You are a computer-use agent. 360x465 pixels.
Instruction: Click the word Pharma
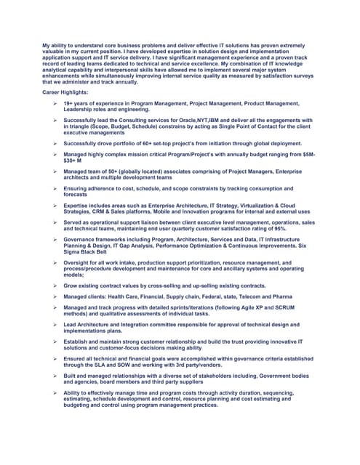(x=282, y=296)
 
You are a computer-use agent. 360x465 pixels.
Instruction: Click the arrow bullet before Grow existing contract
(x=54, y=286)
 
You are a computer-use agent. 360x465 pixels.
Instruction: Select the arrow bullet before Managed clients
(x=54, y=296)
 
